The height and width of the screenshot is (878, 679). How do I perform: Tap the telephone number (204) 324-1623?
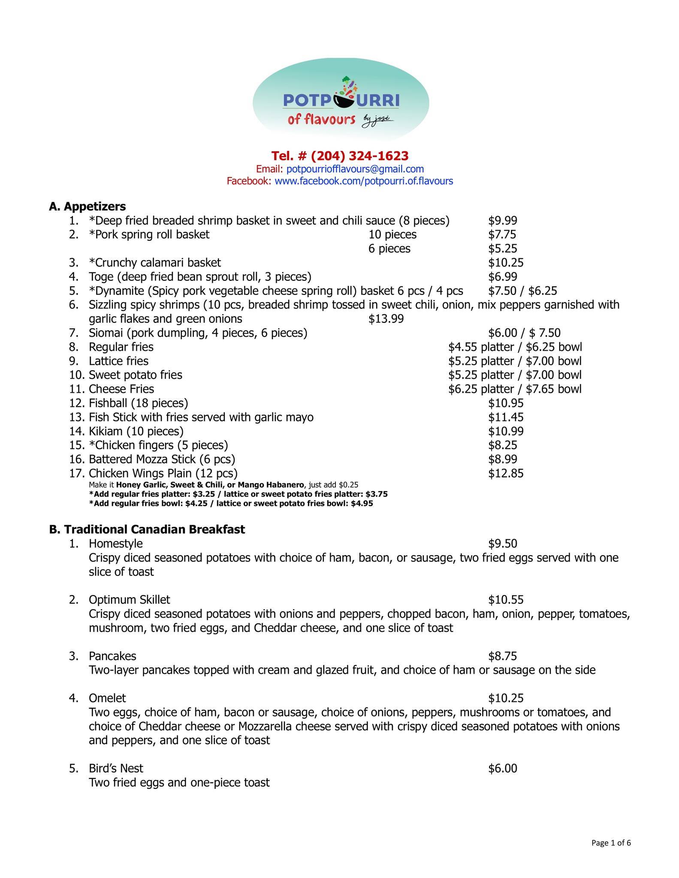340,155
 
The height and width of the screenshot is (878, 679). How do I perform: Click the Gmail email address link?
355,169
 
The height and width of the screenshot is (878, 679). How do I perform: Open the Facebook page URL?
363,181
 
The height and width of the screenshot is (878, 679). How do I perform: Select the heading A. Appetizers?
88,207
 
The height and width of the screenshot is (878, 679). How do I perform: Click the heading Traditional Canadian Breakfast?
154,529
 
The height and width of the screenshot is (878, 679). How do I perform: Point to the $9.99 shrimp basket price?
502,221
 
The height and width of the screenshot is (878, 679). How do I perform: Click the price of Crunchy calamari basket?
505,263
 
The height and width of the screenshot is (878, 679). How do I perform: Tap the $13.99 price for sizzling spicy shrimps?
386,319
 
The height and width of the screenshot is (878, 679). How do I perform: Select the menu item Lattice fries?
118,361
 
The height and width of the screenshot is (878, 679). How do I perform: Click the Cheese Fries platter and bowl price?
515,389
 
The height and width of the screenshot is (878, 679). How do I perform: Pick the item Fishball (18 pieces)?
138,403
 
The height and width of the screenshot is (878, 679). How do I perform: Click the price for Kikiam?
505,431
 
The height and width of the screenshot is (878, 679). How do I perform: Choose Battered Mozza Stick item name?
162,460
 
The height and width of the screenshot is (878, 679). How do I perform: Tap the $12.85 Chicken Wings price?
505,473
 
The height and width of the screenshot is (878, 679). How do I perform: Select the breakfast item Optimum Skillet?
129,600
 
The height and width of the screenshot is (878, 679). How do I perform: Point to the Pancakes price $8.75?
502,656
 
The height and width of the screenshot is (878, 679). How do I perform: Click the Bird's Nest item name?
116,768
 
